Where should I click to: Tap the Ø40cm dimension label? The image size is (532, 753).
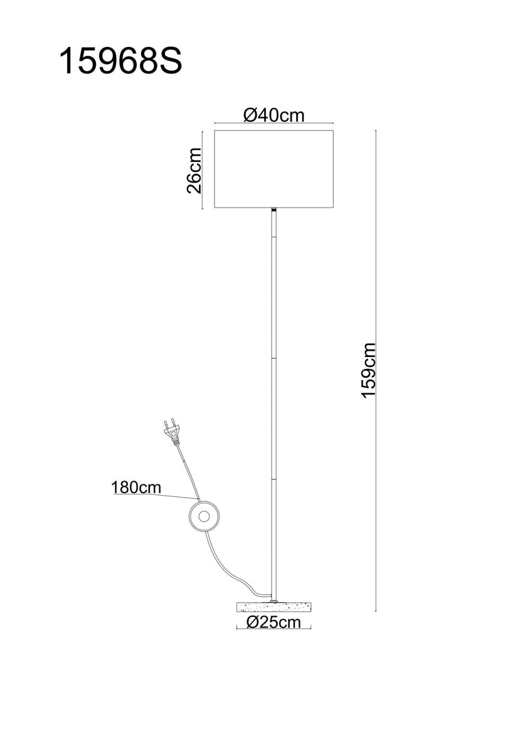click(274, 115)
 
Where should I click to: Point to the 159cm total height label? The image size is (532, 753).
click(368, 370)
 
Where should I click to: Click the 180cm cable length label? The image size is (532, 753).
click(136, 487)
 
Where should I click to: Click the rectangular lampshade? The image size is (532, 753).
click(274, 169)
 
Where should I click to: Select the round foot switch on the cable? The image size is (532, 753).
click(204, 516)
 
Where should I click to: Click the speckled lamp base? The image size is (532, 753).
click(274, 607)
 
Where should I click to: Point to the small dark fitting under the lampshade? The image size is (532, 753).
click(274, 211)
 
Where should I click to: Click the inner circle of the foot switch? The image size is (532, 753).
click(204, 516)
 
